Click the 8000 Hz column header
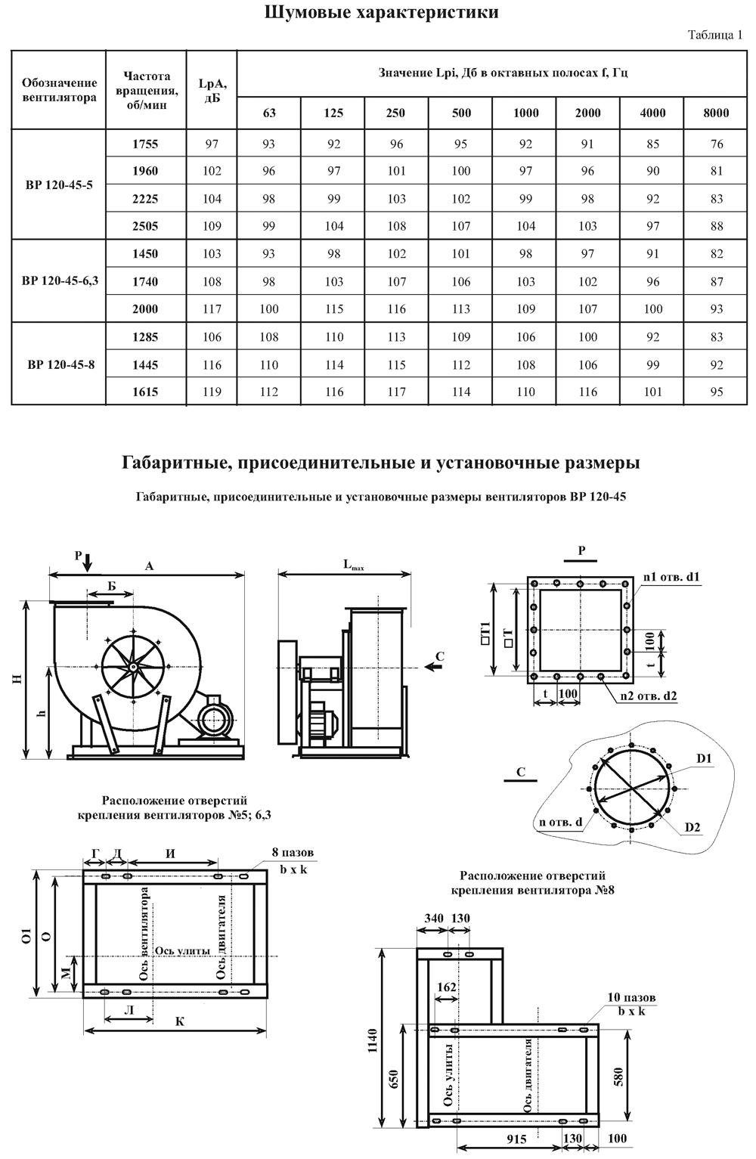[715, 113]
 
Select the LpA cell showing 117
[212, 308]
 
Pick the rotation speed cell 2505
[145, 226]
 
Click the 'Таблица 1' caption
[716, 35]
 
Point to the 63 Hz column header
[269, 113]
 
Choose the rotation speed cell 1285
[145, 336]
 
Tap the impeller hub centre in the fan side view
[132, 666]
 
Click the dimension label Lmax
[353, 565]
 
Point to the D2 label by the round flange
[692, 827]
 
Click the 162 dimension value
[447, 987]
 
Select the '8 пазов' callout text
[293, 853]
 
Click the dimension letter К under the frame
[180, 1021]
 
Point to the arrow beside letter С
[432, 666]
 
